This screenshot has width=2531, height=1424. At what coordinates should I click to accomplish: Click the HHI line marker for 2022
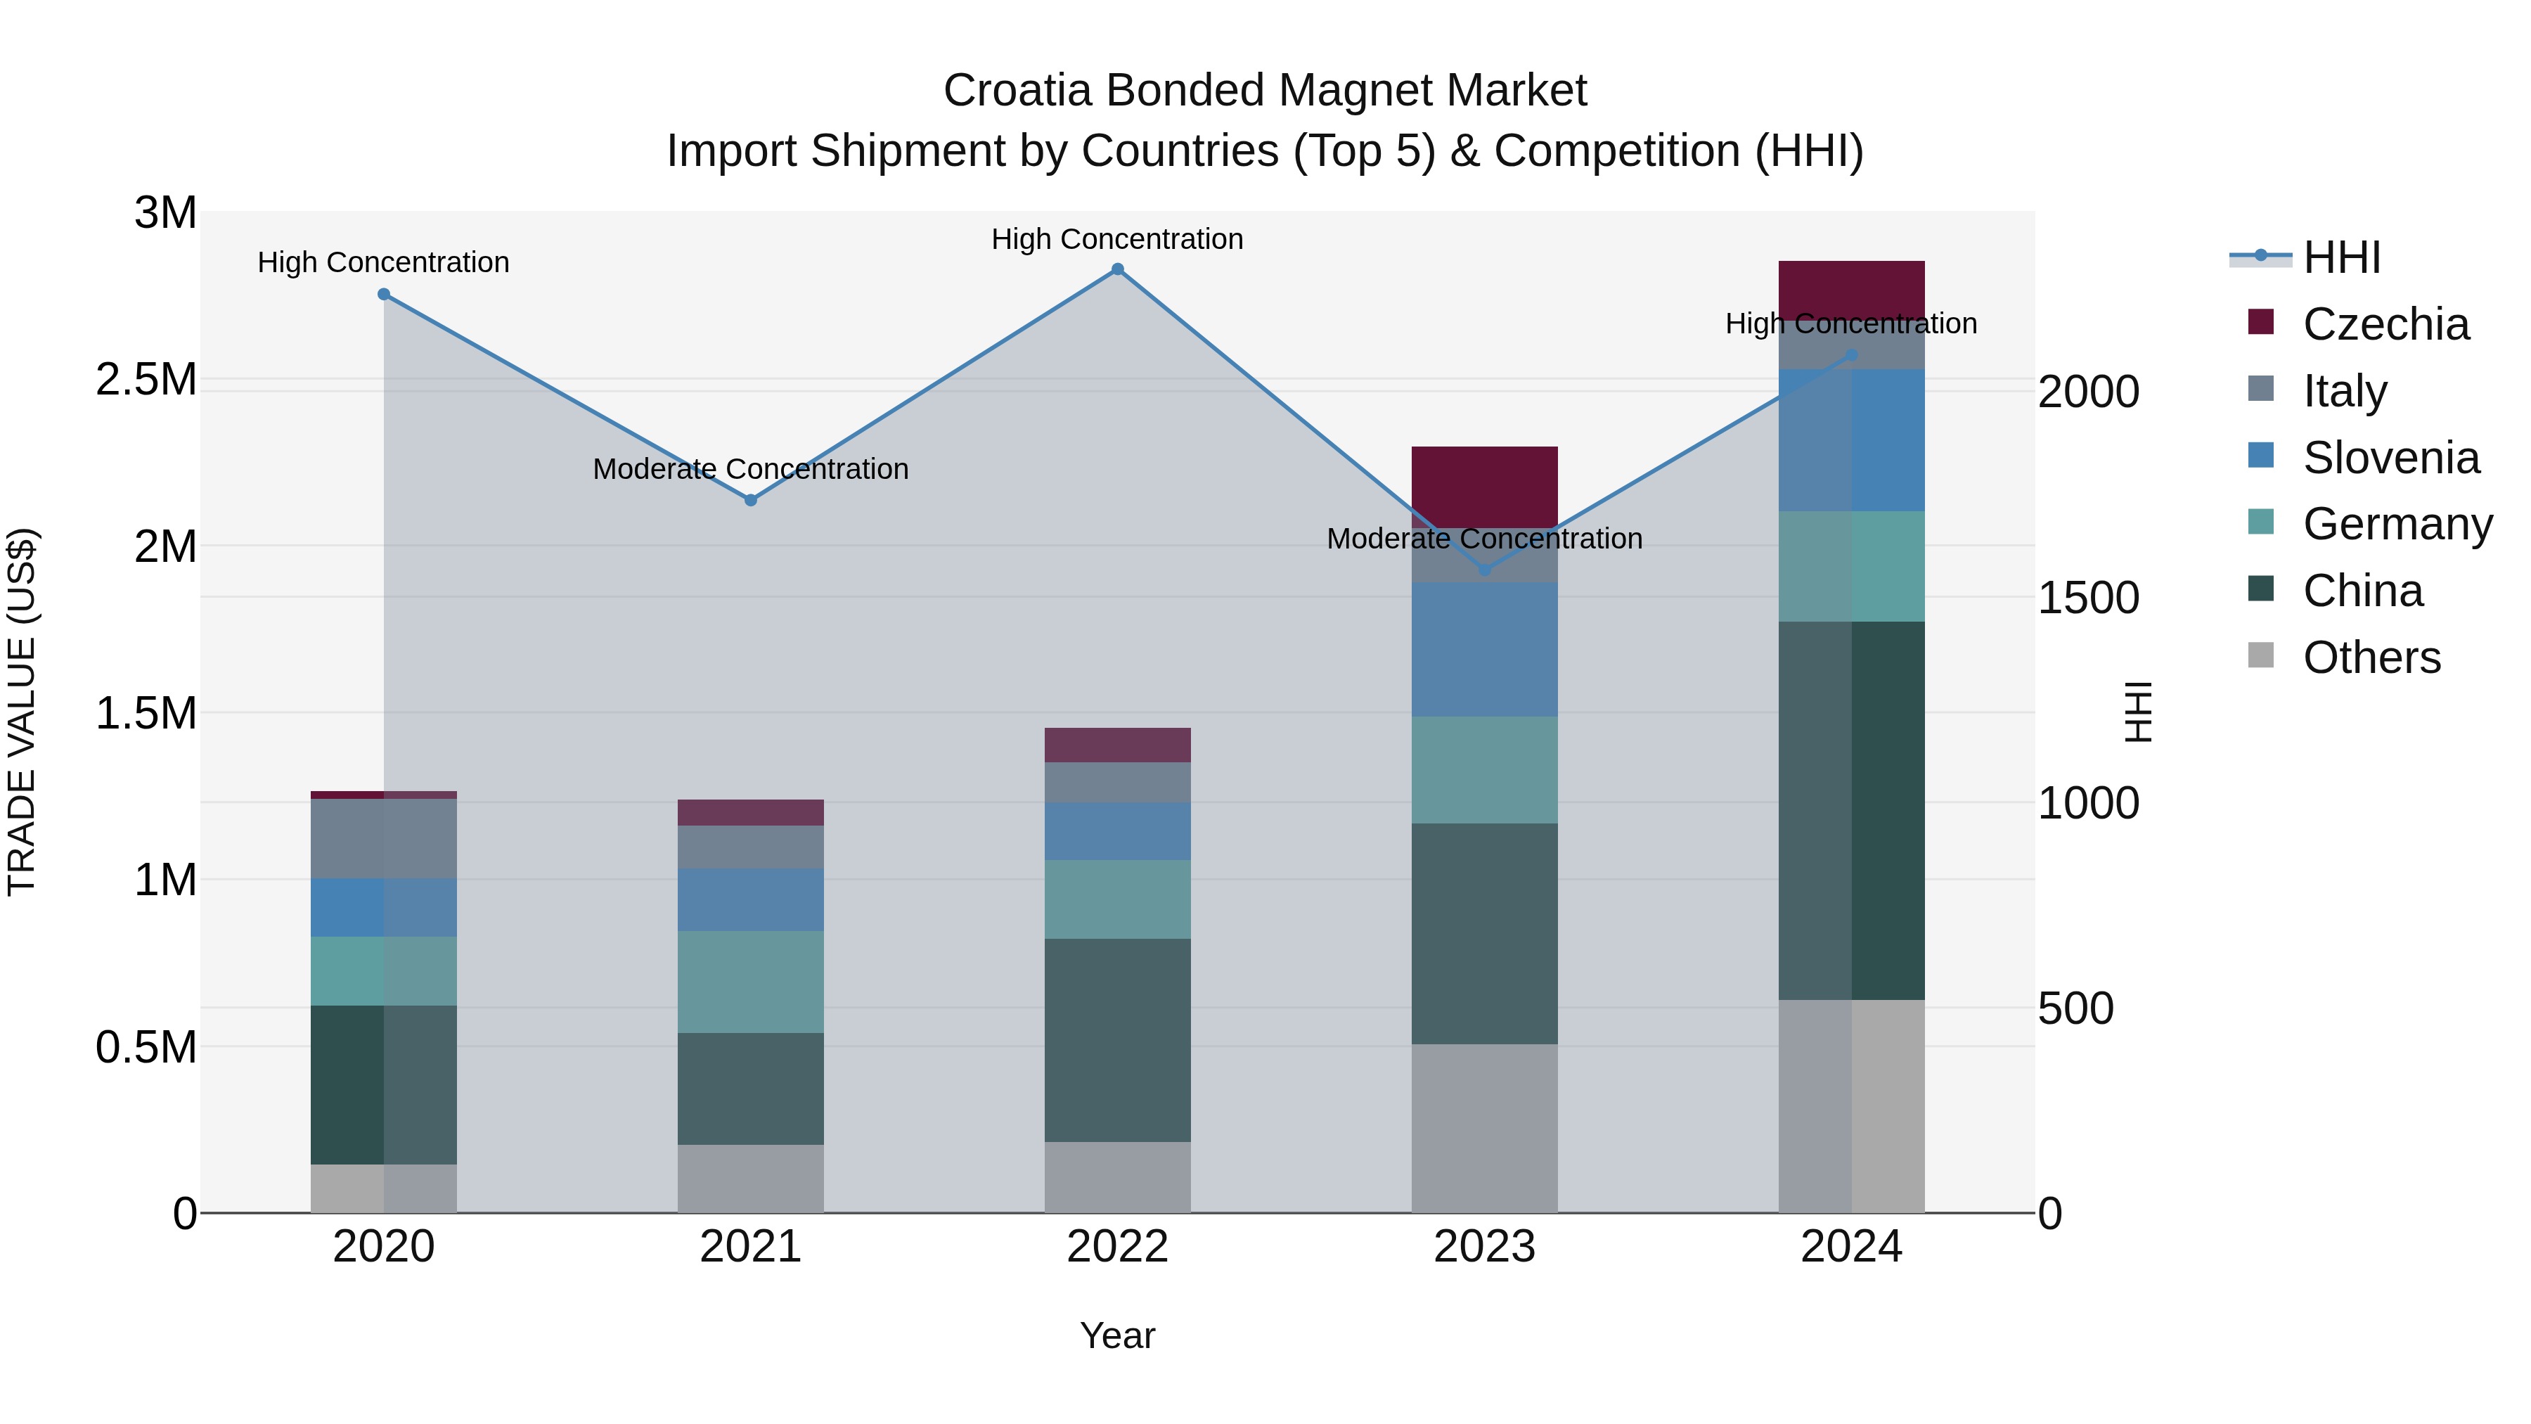[1117, 269]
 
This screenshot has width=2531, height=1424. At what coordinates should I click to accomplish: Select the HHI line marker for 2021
[751, 500]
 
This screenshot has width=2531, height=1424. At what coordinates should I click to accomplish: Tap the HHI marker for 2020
[384, 294]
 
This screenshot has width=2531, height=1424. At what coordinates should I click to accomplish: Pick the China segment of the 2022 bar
[1117, 1040]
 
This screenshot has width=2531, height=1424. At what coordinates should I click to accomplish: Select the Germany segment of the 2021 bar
[751, 981]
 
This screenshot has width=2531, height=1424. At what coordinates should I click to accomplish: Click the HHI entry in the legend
[2340, 257]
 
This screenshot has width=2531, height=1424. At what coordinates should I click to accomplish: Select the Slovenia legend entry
[2390, 458]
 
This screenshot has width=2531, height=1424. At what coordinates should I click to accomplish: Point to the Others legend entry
[2370, 658]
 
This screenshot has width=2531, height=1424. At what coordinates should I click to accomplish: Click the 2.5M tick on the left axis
[146, 379]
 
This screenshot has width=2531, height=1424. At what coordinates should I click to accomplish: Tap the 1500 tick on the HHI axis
[2088, 598]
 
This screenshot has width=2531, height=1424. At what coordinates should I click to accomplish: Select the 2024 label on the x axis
[1850, 1247]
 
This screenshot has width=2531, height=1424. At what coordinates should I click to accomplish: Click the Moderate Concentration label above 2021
[751, 469]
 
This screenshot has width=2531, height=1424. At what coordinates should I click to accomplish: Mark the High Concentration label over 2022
[1117, 239]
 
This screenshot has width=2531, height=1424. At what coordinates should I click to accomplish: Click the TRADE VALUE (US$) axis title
[22, 712]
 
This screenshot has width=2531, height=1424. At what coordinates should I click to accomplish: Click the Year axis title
[1117, 1335]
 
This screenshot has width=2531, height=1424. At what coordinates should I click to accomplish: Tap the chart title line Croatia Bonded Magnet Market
[1265, 91]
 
